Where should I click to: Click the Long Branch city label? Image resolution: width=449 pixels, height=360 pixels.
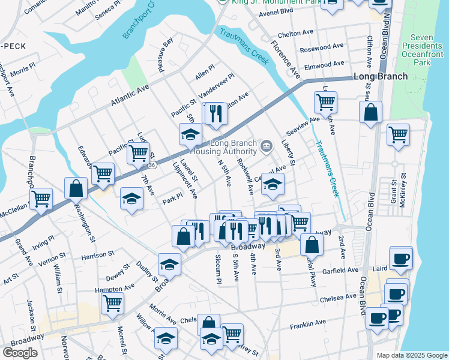pyautogui.click(x=381, y=76)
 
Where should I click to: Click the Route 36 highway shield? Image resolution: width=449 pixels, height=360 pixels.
pyautogui.click(x=153, y=164)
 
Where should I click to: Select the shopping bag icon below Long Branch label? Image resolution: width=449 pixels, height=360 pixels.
pyautogui.click(x=371, y=112)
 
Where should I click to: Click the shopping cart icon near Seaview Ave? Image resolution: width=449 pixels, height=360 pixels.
pyautogui.click(x=325, y=102)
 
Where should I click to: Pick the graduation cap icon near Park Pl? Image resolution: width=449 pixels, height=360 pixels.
pyautogui.click(x=131, y=199)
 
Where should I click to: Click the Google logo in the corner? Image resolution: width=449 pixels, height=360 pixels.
pyautogui.click(x=20, y=352)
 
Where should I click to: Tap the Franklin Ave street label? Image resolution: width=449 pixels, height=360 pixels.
pyautogui.click(x=307, y=324)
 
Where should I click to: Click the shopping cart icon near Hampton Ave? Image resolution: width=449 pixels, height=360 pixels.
pyautogui.click(x=112, y=304)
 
